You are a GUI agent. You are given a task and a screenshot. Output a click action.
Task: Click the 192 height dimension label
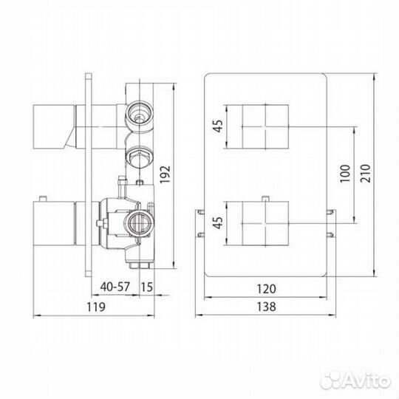pos(165,174)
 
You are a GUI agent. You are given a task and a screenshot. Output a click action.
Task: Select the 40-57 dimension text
pos(115,287)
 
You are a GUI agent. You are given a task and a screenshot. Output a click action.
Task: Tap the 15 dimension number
pos(147,287)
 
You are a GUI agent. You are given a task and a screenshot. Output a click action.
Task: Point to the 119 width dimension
pos(95,307)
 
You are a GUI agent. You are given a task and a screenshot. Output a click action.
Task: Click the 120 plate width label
pos(266,289)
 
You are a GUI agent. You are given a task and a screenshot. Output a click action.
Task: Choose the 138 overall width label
pos(266,307)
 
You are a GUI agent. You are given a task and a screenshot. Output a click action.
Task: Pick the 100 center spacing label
pos(345,174)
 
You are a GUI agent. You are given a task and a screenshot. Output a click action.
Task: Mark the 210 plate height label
pos(365,174)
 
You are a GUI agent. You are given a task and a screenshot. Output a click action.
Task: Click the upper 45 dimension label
pos(218,126)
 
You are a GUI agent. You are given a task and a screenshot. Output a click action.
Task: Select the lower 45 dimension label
pos(218,222)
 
